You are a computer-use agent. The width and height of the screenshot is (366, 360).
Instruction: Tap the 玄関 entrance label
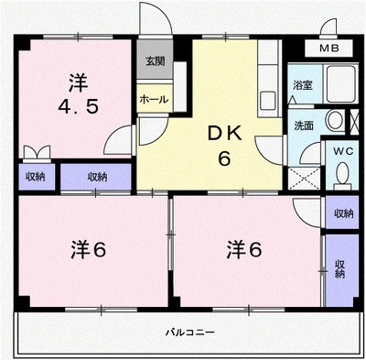[154, 61]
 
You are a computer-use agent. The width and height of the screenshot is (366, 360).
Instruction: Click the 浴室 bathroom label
[302, 85]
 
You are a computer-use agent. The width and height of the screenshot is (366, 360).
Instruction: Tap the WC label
[342, 150]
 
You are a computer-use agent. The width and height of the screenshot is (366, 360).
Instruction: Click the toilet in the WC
[342, 172]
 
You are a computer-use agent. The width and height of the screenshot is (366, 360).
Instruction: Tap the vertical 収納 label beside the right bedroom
[339, 268]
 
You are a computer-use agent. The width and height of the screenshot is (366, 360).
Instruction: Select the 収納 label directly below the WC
[342, 213]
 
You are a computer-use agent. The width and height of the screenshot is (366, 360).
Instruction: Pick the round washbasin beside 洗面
[334, 120]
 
